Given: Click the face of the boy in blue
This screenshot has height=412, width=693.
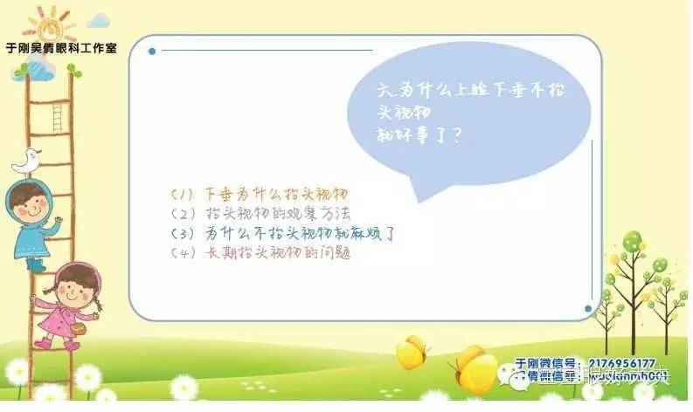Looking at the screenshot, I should click(32, 208).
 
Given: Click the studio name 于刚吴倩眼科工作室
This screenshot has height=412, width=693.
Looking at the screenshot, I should click(60, 48).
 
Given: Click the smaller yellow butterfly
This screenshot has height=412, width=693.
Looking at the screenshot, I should click(411, 353).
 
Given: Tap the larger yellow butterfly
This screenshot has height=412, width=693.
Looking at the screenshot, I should click(476, 368).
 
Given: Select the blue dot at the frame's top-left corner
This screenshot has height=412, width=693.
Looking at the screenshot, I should click(152, 51).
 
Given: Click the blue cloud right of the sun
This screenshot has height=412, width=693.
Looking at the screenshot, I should click(99, 18).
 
